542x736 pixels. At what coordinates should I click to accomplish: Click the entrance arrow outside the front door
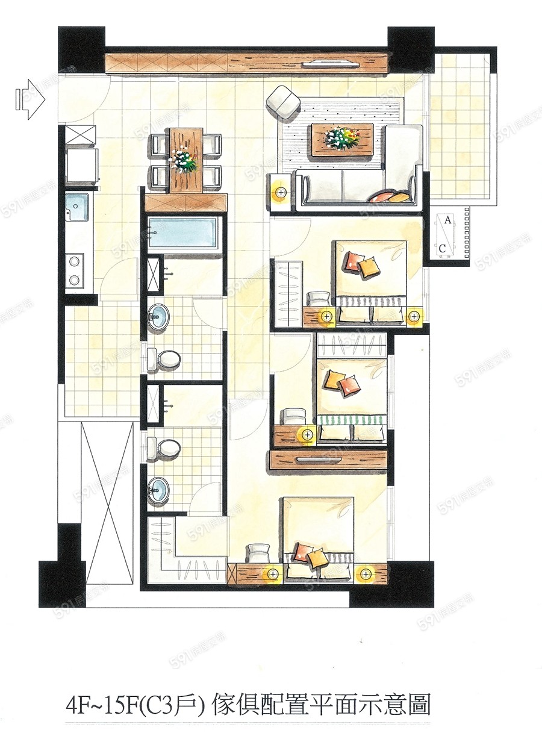(x=30, y=99)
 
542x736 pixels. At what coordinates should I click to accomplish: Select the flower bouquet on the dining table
(x=184, y=161)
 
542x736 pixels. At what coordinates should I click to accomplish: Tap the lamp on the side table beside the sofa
(x=280, y=193)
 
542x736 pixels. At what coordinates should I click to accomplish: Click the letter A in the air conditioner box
(x=447, y=220)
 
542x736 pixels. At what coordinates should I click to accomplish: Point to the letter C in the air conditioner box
(x=442, y=248)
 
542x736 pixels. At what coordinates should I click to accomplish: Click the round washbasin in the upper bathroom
(x=159, y=316)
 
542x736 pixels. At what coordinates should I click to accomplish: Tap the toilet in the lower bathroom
(x=164, y=449)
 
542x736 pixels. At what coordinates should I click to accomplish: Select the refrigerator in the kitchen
(x=82, y=164)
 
